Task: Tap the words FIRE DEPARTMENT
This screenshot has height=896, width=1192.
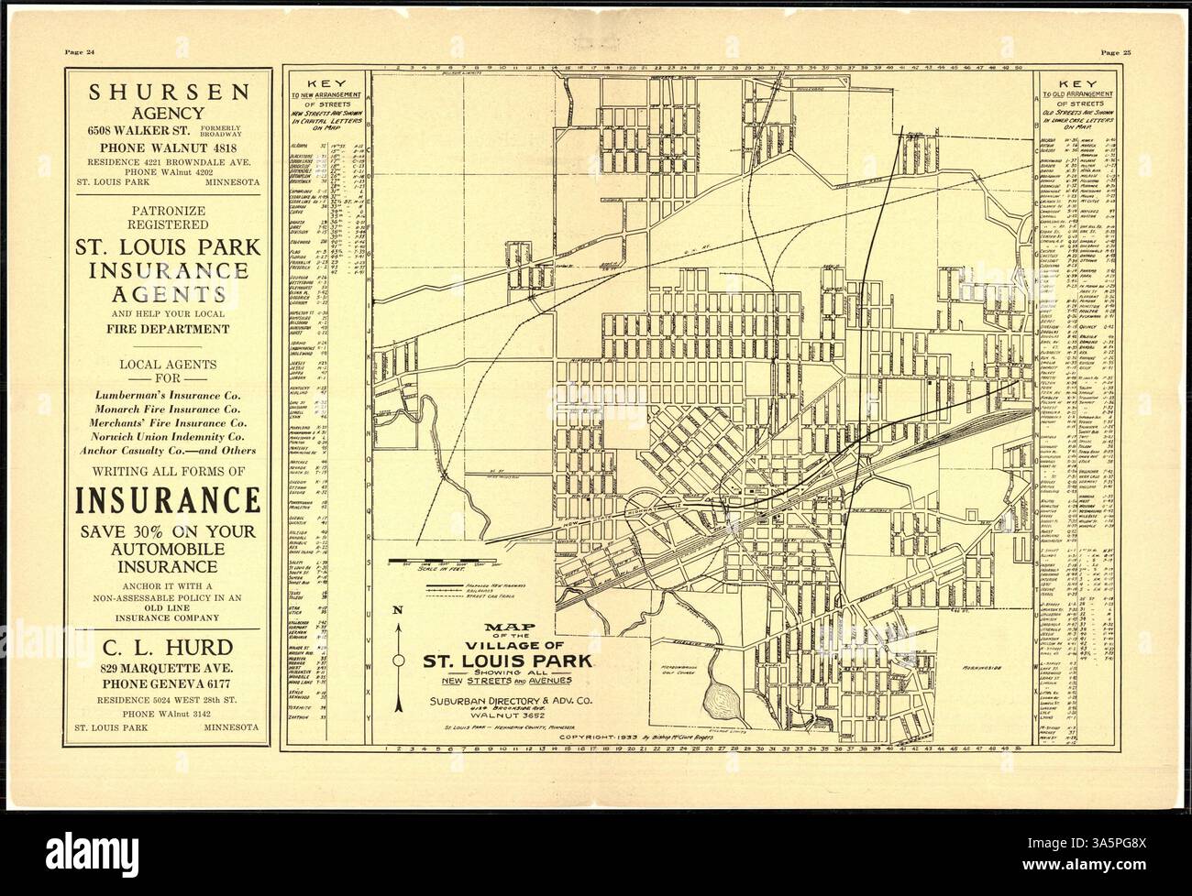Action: (x=165, y=329)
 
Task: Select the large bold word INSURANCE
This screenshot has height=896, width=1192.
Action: (x=166, y=501)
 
